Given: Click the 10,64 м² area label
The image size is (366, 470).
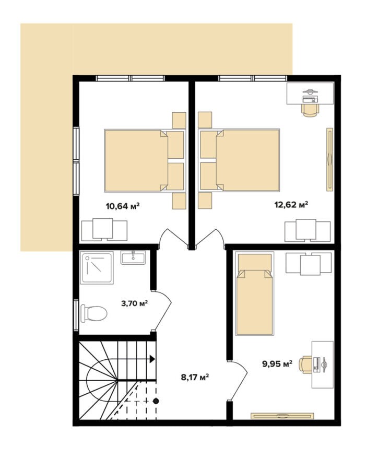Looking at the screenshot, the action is point(123,206).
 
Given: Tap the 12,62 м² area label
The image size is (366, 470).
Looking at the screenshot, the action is point(291,205).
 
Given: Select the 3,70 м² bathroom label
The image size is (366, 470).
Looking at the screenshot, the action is point(134,303).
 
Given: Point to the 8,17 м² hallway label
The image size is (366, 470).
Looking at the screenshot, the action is point(195,377).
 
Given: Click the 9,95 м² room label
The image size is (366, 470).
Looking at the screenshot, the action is point(277,364).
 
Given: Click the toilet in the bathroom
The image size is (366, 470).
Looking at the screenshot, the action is point(94,313).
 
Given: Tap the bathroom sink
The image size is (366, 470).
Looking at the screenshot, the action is point(133,257).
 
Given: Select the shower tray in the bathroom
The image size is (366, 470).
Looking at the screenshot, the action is point(97,267).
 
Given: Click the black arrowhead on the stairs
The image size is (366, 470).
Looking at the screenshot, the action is point(152,359).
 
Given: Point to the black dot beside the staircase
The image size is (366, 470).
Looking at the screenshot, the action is point(156,401).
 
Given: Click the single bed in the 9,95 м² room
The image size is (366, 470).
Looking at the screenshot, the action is point(255,293).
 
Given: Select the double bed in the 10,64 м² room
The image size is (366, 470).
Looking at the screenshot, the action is point(144,160).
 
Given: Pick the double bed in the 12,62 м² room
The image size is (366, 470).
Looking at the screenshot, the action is point(239,160).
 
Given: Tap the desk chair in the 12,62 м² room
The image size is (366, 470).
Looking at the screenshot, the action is point(310,110).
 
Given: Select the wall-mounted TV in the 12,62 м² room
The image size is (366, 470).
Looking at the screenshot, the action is point(330,159).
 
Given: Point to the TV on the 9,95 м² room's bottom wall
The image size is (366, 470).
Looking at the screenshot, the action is point(282,416).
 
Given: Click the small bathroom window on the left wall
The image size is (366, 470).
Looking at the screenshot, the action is point(76,315).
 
